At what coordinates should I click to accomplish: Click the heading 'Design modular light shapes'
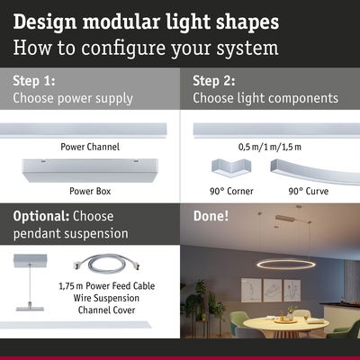pyautogui.click(x=146, y=20)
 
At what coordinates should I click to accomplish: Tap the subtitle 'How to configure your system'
pyautogui.click(x=146, y=47)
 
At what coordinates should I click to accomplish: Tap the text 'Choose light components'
pyautogui.click(x=265, y=98)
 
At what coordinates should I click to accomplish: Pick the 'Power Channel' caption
pyautogui.click(x=90, y=146)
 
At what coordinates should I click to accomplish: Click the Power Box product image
pyautogui.click(x=90, y=170)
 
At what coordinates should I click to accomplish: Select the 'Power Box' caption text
pyautogui.click(x=90, y=191)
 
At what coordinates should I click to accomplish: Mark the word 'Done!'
pyautogui.click(x=211, y=217)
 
